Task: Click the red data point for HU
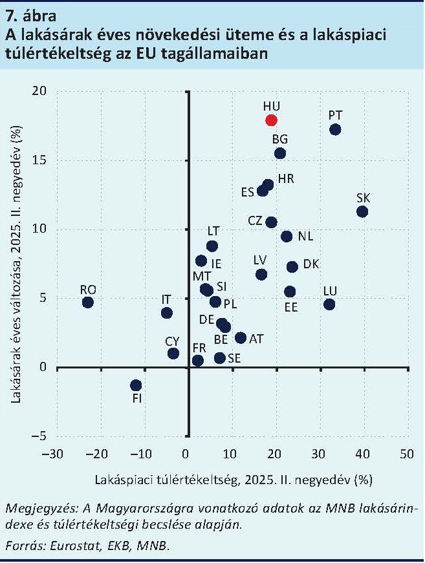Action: pos(271,120)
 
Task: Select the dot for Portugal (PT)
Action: pos(335,129)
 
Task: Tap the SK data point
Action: pos(362,211)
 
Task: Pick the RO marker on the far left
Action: pos(87,302)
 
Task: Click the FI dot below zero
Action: pos(136,385)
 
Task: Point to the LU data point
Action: pos(329,304)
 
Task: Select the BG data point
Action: pos(280,153)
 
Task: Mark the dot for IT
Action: pos(167,313)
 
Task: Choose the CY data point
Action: pos(173,353)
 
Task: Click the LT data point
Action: pos(212,246)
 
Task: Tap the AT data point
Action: pos(241,337)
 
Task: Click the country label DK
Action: pos(311,264)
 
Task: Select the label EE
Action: pos(291,307)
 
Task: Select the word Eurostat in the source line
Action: pos(61,546)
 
